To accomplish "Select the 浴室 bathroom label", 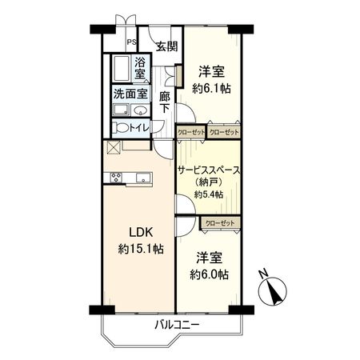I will point(140,68).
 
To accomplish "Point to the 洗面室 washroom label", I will point(130,93).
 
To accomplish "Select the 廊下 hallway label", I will point(164,103).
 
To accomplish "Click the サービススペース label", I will point(210,170).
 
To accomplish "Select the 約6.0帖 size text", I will point(210,274).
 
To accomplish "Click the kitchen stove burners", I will point(116,178).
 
